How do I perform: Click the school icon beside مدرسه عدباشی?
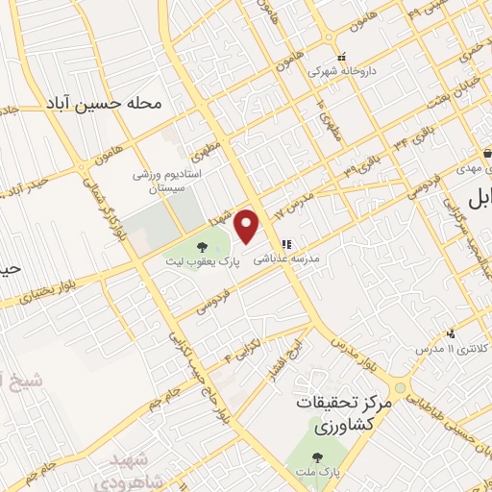[286, 244]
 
